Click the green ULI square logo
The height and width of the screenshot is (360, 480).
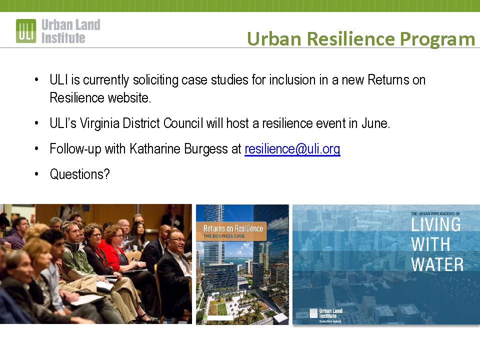[x=26, y=30]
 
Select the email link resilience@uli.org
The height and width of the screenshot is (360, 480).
[x=292, y=149]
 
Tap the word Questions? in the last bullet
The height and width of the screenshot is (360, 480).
[x=79, y=174]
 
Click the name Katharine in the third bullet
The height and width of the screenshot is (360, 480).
[x=155, y=149]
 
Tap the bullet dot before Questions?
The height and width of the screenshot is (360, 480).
[x=36, y=174]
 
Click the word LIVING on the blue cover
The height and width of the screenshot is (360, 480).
[x=435, y=224]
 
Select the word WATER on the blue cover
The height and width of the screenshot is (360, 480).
[x=437, y=264]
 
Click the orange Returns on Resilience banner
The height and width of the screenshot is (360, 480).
[x=231, y=231]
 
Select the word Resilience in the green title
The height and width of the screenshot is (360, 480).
[x=351, y=39]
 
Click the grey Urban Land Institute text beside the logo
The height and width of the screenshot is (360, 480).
[x=70, y=31]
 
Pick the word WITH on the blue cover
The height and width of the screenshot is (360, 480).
[x=430, y=244]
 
